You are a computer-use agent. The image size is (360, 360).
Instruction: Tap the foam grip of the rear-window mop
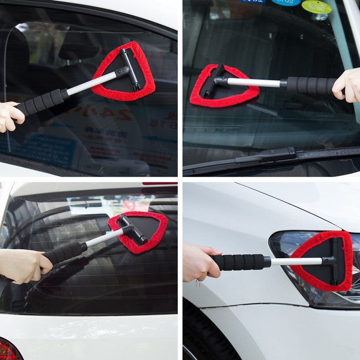pos(65,252)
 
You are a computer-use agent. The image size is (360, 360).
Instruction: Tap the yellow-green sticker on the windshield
pos(316,6)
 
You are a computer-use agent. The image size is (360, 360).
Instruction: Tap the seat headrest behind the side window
pos(76,47)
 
